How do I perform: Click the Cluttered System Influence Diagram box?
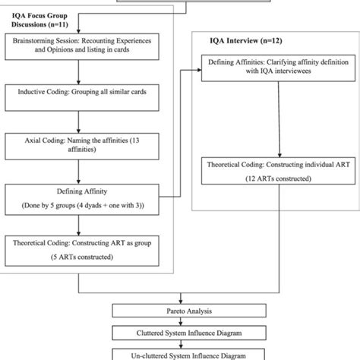tap(181, 333)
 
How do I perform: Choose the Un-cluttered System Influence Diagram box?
tap(181, 352)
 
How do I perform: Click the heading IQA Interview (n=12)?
tap(242, 36)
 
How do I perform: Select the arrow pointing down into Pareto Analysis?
tap(181, 300)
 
